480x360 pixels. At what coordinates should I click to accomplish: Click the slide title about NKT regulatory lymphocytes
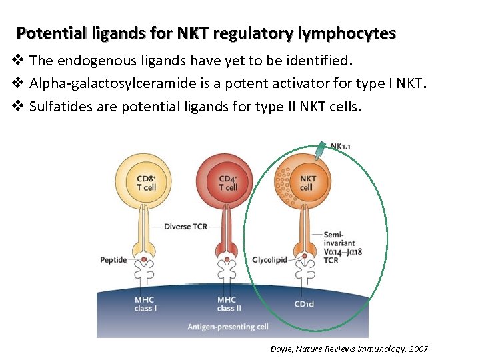pyautogui.click(x=206, y=33)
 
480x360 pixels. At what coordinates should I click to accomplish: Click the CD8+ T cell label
pyautogui.click(x=146, y=183)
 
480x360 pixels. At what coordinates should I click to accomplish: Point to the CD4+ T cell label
pyautogui.click(x=227, y=183)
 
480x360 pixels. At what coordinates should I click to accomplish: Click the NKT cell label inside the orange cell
pyautogui.click(x=307, y=183)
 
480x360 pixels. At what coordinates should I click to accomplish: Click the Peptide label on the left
pyautogui.click(x=113, y=259)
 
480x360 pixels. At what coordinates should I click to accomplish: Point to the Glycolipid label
pyautogui.click(x=270, y=259)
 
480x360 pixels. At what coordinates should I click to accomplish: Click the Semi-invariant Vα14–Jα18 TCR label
pyautogui.click(x=339, y=247)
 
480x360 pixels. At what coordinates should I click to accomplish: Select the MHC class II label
pyautogui.click(x=226, y=304)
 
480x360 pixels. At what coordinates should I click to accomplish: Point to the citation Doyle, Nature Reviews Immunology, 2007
pyautogui.click(x=349, y=349)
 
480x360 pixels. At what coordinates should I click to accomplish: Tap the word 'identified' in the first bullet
pyautogui.click(x=319, y=61)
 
